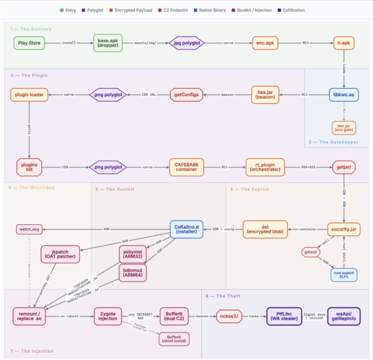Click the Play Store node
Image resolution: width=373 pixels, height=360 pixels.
point(30,43)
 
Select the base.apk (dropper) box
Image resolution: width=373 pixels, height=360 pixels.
point(108,43)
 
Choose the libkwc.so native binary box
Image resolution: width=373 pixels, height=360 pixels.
point(343,95)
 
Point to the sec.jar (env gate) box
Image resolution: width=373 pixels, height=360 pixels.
point(343,127)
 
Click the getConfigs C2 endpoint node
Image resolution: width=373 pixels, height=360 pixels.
point(187,95)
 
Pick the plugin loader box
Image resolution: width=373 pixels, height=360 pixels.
point(29,95)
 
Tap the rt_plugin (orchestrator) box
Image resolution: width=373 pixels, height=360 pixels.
point(265,167)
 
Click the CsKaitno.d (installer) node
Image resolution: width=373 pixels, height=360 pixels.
point(186,229)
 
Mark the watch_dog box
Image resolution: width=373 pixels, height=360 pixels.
point(30,229)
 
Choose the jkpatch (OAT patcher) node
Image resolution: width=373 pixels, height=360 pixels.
point(60,254)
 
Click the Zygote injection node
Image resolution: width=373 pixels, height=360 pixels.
point(108,316)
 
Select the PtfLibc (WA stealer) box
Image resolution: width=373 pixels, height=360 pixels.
point(284,316)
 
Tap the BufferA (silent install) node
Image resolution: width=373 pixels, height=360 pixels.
point(174,339)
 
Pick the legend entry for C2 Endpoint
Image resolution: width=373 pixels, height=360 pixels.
point(176,10)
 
